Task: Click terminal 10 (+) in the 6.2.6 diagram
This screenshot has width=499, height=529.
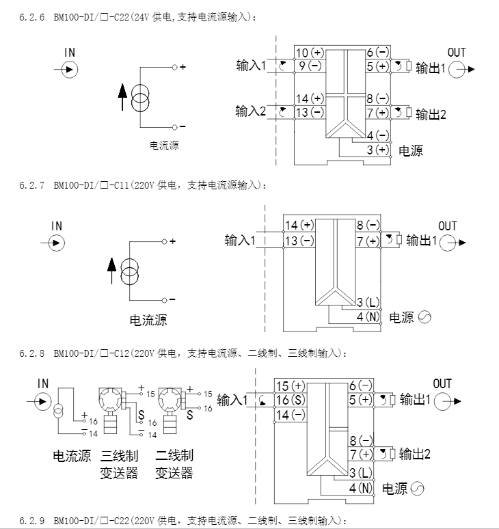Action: pos(309,53)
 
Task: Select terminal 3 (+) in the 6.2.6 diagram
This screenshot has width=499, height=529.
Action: pos(377,150)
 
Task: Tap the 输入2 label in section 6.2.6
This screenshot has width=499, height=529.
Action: pos(251,111)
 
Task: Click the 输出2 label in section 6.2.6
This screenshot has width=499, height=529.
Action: pos(431,114)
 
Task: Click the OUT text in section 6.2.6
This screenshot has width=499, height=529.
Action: pos(457,53)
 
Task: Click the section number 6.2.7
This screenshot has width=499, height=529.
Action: pos(31,185)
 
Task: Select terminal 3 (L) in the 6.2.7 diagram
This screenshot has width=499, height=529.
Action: pos(368,302)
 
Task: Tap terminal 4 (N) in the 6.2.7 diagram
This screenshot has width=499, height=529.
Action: pos(368,316)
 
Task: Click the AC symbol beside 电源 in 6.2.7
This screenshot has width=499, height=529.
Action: pos(424,317)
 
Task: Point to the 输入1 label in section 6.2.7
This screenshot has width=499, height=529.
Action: pos(240,240)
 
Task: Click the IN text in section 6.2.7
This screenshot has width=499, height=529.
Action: pos(57,226)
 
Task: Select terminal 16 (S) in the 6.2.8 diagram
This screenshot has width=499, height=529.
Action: pos(290,400)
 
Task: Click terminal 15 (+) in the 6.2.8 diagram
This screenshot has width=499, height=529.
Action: pos(290,386)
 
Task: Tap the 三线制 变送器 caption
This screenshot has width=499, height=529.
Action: pos(119,464)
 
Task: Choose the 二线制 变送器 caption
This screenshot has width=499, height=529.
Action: pos(174,464)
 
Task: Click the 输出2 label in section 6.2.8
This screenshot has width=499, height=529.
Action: pos(415,454)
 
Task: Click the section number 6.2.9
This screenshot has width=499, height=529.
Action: pos(31,521)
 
